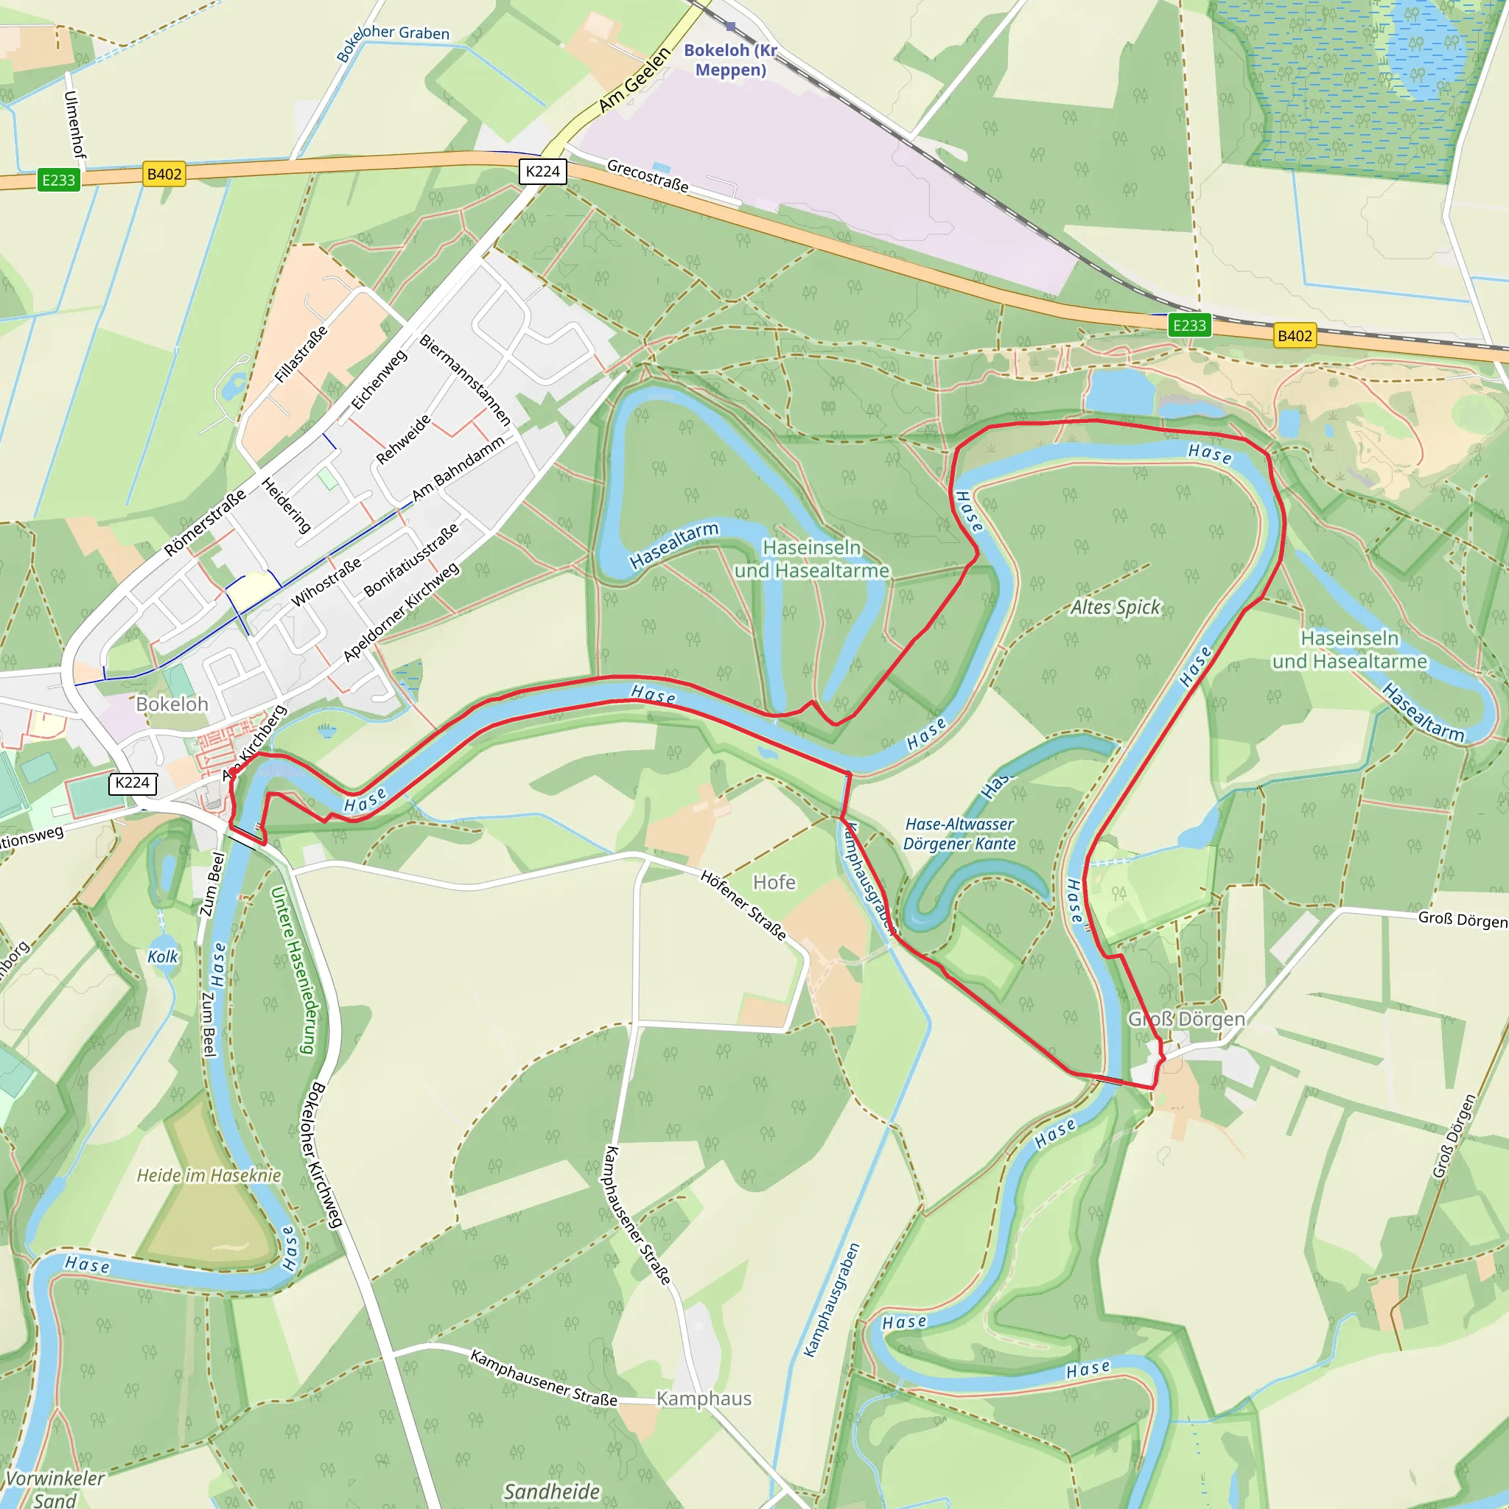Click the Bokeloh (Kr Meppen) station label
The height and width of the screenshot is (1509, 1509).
[730, 60]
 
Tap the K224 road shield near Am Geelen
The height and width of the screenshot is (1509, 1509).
[543, 172]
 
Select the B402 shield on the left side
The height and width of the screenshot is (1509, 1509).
[164, 174]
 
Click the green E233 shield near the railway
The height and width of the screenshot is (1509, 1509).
[1188, 326]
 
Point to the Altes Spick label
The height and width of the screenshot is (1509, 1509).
[1116, 607]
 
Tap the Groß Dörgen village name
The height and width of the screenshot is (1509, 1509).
[1186, 1019]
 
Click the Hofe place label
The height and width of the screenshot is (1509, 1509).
[774, 883]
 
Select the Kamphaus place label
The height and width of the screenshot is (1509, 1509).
[704, 1399]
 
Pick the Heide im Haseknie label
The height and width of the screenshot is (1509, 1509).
[209, 1175]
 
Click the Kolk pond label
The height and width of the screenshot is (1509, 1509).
[162, 957]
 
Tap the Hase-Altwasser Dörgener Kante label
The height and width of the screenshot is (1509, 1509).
[959, 834]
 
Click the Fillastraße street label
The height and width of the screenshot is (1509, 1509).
[301, 354]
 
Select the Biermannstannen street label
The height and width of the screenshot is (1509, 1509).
[466, 379]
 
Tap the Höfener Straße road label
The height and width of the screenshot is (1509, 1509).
[743, 906]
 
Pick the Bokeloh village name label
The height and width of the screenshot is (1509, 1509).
[172, 704]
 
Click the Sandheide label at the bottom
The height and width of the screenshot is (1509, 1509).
[551, 1492]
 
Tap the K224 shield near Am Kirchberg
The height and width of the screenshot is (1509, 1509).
[132, 783]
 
